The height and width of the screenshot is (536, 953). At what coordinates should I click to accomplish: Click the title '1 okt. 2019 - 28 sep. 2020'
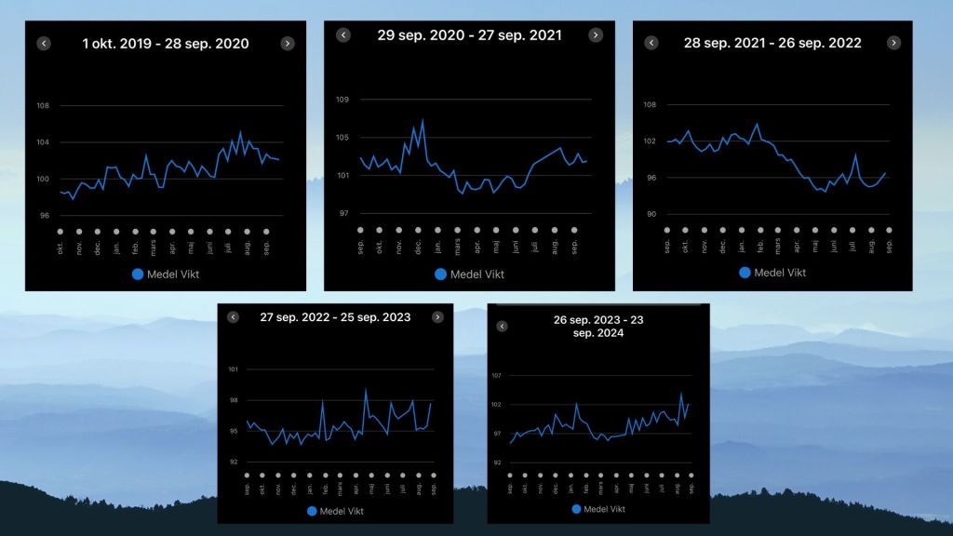point(166,44)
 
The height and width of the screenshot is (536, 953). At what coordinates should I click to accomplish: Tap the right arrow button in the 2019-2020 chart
point(288,43)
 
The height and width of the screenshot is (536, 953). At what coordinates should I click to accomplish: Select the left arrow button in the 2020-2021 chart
point(342,35)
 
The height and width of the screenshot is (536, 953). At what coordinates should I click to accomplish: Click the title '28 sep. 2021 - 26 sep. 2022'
point(772,43)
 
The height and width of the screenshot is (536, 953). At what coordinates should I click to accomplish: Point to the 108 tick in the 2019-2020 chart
point(43,105)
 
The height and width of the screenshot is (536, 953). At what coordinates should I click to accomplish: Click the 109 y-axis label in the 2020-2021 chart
point(342,100)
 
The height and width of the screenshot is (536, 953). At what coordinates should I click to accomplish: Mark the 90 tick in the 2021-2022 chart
point(651,214)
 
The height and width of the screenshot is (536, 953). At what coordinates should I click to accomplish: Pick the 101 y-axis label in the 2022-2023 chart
point(233,369)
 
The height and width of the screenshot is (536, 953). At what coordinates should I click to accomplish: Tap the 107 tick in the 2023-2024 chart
point(496,375)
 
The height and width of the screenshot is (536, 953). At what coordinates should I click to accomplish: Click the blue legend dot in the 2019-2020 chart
point(139,274)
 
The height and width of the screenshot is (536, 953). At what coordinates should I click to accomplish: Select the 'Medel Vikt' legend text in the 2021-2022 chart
point(780,273)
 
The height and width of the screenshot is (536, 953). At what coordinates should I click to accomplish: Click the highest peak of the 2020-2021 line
point(423,119)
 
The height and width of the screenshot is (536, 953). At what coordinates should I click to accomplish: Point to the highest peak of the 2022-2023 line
point(366,389)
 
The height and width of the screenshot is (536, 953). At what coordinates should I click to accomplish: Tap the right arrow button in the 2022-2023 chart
point(437,317)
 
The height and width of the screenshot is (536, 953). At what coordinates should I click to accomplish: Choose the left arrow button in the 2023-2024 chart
point(502,327)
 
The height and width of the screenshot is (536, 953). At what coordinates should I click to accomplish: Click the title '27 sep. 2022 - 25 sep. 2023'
point(335,317)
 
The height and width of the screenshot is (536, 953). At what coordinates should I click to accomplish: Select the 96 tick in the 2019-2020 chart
point(43,216)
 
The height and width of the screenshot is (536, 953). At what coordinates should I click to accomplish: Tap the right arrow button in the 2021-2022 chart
point(893,43)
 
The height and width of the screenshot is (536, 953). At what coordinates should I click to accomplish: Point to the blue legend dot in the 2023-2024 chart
point(576,509)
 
